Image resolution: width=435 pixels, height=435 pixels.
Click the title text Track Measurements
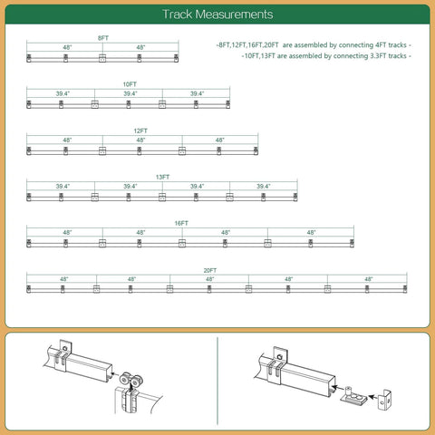217,14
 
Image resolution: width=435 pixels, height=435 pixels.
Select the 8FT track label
102,38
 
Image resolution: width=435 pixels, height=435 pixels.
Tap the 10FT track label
129,83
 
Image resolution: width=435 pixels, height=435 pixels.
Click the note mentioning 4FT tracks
313,44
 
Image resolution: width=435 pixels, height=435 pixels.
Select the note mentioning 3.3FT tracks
325,55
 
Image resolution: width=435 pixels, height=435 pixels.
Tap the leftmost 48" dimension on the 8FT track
67,47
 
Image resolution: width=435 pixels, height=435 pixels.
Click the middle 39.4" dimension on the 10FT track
130,93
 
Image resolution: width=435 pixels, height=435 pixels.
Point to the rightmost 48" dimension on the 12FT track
219,140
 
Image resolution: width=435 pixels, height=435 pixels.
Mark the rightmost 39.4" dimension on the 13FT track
263,186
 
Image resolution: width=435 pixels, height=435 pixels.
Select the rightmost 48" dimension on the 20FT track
368,279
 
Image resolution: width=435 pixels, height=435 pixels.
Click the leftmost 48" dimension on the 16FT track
67,233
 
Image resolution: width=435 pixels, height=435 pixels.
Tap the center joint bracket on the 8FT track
102,58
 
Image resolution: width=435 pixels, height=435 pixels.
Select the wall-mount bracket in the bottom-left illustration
65,352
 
